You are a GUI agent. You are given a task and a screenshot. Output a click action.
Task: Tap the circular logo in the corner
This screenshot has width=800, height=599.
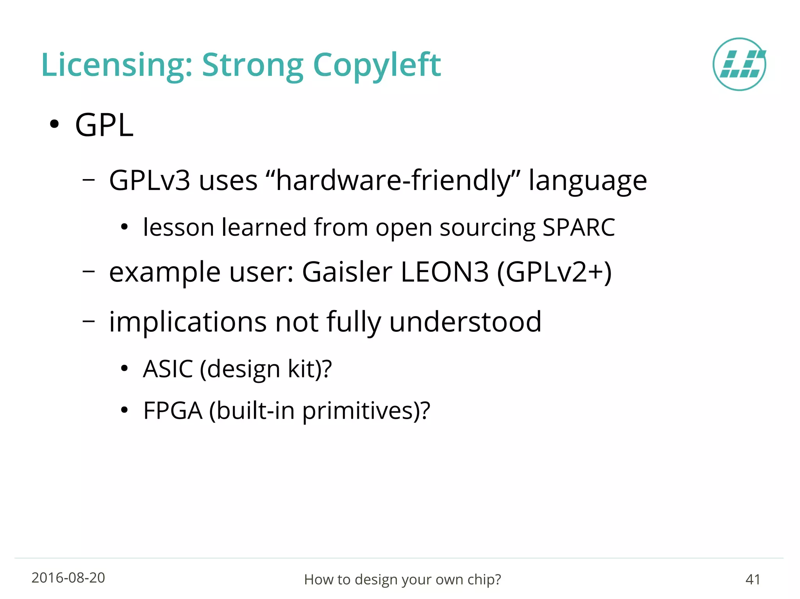pyautogui.click(x=739, y=64)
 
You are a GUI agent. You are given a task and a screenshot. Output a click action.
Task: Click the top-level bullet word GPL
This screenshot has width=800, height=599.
pyautogui.click(x=104, y=125)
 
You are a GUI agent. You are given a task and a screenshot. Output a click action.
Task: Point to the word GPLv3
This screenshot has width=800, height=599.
pyautogui.click(x=150, y=181)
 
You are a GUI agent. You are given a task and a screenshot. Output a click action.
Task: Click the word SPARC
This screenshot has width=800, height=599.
pyautogui.click(x=579, y=227)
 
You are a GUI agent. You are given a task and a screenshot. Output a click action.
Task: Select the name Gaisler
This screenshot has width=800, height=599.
pyautogui.click(x=347, y=272)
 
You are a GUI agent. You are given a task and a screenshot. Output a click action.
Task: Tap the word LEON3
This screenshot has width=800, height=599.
pyautogui.click(x=445, y=272)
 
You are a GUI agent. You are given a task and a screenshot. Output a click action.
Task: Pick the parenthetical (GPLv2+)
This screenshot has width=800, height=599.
pyautogui.click(x=554, y=272)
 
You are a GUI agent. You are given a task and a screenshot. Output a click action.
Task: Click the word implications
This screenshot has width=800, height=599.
pyautogui.click(x=188, y=322)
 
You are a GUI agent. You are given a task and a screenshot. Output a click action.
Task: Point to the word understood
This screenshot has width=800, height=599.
pyautogui.click(x=465, y=322)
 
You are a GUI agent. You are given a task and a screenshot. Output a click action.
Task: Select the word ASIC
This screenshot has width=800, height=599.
pyautogui.click(x=168, y=369)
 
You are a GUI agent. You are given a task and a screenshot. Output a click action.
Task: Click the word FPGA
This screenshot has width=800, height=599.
pyautogui.click(x=173, y=411)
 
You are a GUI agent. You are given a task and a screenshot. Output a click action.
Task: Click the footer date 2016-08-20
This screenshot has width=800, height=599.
pyautogui.click(x=68, y=578)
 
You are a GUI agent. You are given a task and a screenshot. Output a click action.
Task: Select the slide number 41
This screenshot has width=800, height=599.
pyautogui.click(x=753, y=579)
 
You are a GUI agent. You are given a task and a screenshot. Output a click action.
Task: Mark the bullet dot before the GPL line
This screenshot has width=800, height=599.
pyautogui.click(x=54, y=124)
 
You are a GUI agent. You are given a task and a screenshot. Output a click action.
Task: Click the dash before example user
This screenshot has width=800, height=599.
pyautogui.click(x=89, y=271)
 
